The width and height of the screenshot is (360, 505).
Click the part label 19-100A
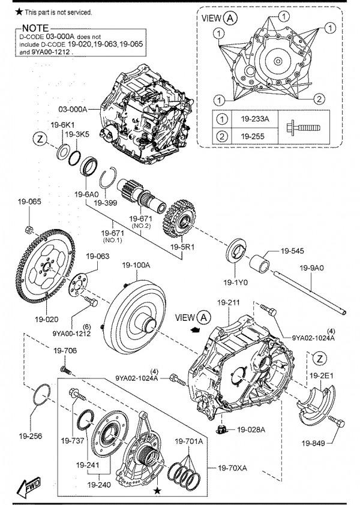point(136,265)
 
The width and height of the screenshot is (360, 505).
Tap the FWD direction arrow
point(28,486)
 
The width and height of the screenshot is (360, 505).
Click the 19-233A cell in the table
point(254,119)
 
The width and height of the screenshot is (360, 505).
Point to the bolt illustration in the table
point(303,128)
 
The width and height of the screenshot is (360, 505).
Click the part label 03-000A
point(73,109)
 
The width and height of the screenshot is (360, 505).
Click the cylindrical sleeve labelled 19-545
point(259,264)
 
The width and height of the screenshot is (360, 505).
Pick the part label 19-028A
point(251,429)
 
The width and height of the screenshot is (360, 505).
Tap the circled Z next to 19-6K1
point(40,140)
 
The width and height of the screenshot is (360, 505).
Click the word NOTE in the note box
point(35,28)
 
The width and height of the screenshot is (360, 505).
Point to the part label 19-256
point(30,436)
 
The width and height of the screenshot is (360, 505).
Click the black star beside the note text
point(19,12)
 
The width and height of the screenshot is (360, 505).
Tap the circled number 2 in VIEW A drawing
point(319,98)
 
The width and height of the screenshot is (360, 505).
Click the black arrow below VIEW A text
point(196,329)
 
